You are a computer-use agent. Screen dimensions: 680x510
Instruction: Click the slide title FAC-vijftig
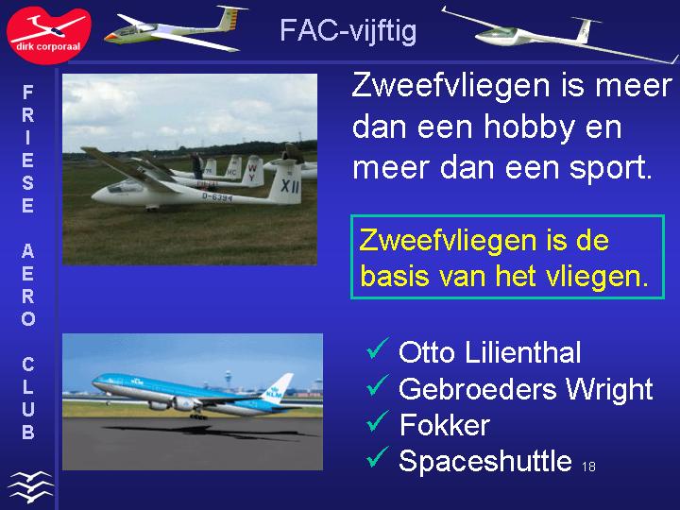pyautogui.click(x=348, y=30)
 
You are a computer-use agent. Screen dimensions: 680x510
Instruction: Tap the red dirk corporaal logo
pyautogui.click(x=48, y=35)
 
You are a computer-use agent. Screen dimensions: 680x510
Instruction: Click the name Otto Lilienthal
pyautogui.click(x=489, y=351)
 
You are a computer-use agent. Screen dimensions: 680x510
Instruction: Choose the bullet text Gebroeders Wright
pyautogui.click(x=526, y=389)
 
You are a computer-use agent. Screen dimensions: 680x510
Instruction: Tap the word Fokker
pyautogui.click(x=445, y=425)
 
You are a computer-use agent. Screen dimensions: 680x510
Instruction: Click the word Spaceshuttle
pyautogui.click(x=484, y=461)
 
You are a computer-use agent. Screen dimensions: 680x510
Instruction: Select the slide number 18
pyautogui.click(x=588, y=467)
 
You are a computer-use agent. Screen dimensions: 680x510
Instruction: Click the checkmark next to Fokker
pyautogui.click(x=377, y=421)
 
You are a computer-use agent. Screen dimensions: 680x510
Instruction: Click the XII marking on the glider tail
pyautogui.click(x=289, y=186)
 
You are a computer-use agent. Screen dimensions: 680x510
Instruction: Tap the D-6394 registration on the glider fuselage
pyautogui.click(x=217, y=197)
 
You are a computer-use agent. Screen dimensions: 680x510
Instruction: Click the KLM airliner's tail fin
pyautogui.click(x=277, y=387)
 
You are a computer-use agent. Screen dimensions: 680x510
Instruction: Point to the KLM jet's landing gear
pyautogui.click(x=198, y=416)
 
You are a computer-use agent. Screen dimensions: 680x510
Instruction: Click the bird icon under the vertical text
pyautogui.click(x=30, y=486)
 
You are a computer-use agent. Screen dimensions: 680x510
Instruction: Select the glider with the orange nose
pyautogui.click(x=174, y=29)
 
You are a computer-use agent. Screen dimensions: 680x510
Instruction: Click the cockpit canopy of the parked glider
pyautogui.click(x=126, y=186)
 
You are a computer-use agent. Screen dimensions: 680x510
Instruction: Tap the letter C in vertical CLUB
pyautogui.click(x=27, y=365)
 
